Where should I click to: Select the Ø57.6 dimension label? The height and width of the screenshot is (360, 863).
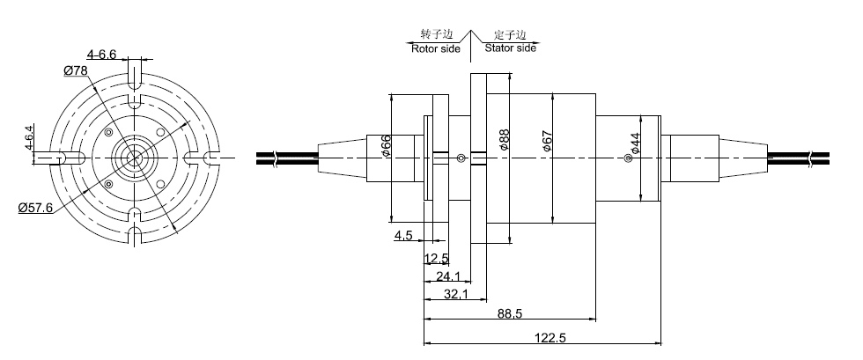[x=36, y=208]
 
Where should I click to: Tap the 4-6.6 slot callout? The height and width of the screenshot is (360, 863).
[x=102, y=55]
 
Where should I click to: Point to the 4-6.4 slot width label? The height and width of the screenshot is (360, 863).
[x=29, y=138]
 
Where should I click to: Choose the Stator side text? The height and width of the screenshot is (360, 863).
[x=510, y=48]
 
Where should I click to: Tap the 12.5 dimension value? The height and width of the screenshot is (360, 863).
[x=436, y=259]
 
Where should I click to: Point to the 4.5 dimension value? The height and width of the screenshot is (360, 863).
[x=403, y=236]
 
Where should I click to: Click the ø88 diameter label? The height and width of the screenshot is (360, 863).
[x=504, y=140]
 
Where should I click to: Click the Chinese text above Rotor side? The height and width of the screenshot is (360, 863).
[x=437, y=34]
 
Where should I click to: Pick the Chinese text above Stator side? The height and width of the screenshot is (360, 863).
[x=510, y=34]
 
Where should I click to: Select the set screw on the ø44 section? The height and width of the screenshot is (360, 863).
[x=627, y=158]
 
